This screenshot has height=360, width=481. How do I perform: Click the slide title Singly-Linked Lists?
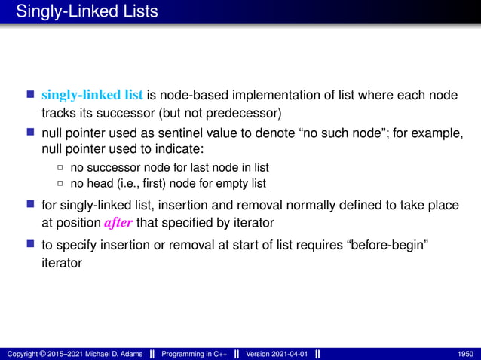[87, 11]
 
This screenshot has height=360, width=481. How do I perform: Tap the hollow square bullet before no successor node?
[61, 167]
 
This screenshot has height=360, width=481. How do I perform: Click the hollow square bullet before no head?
[61, 183]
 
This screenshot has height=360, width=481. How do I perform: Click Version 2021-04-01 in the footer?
[276, 354]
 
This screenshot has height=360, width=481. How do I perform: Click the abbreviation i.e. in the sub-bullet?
[117, 183]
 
